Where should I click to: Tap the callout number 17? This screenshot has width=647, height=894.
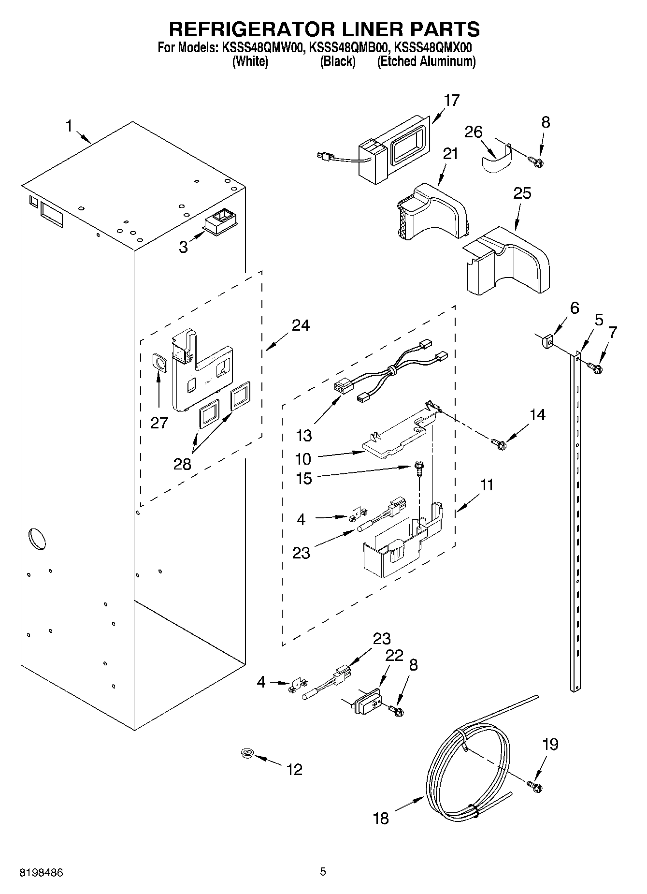(451, 101)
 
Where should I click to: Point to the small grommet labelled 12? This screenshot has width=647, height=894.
(248, 753)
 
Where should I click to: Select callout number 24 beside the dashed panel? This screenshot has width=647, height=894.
(301, 325)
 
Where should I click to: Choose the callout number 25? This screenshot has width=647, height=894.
(522, 193)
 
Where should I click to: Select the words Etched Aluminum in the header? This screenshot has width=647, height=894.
(426, 61)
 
